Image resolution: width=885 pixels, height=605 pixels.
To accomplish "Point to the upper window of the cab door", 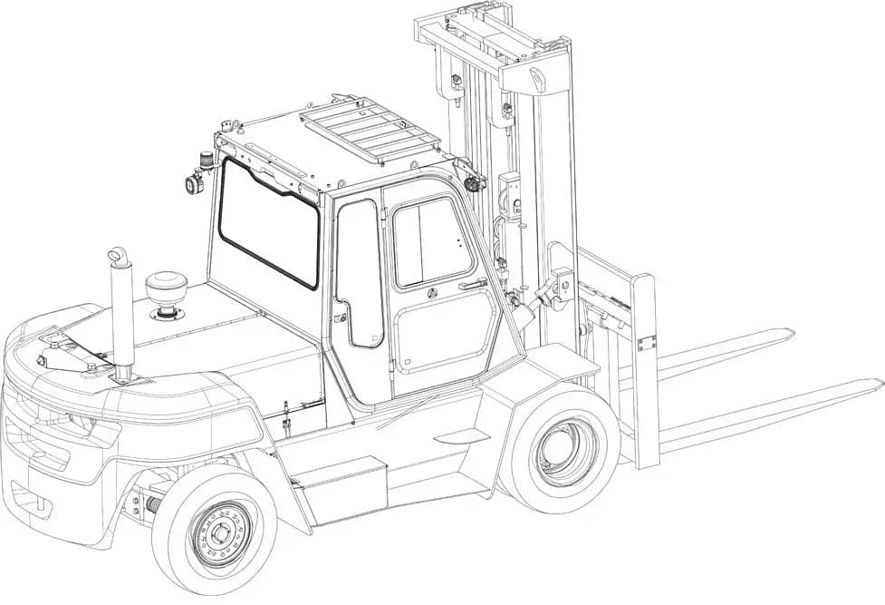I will coord(432,241).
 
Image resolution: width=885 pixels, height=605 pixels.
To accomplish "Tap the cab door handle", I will coord(471,286).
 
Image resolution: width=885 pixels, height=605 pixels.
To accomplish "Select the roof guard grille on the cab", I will coord(370,127).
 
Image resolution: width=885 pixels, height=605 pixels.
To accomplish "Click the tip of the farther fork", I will coord(788,333).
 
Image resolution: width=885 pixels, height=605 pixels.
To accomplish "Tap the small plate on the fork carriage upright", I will coord(646,343).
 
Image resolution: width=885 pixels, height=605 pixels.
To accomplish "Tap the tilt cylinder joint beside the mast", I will coord(548,292).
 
